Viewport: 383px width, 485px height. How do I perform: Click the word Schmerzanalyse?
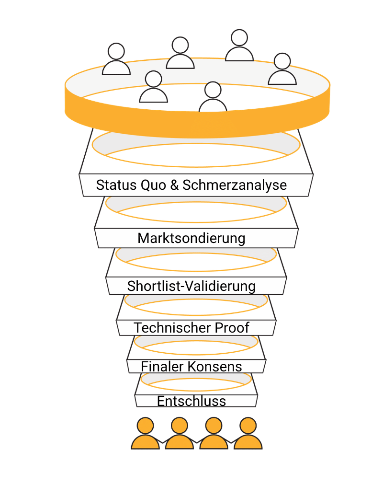[x=235, y=185]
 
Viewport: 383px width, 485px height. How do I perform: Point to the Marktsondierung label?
[x=191, y=238]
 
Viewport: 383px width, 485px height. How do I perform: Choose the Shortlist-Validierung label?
[x=191, y=286]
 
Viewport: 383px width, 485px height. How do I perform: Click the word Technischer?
[x=166, y=328]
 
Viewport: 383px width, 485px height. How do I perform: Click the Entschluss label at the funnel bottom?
[x=191, y=401]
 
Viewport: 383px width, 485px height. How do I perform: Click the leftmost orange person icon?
[x=145, y=433]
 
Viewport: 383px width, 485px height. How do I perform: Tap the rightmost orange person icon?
[x=248, y=433]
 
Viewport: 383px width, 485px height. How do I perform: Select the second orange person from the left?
[x=179, y=433]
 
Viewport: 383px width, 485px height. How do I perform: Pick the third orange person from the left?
[x=214, y=433]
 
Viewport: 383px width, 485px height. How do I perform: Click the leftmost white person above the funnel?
[x=116, y=60]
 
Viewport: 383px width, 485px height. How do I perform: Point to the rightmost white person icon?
[x=282, y=69]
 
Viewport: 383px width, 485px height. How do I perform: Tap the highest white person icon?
[x=239, y=46]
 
